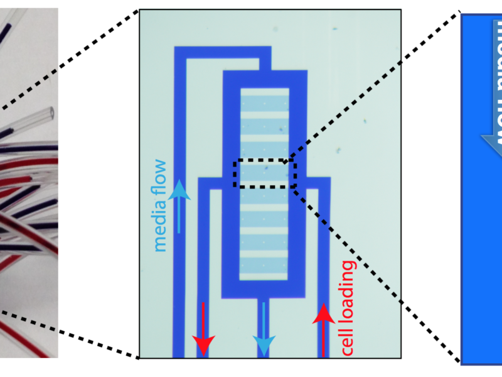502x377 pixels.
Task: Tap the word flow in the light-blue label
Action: point(161,173)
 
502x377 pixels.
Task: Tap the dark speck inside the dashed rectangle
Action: point(266,168)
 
